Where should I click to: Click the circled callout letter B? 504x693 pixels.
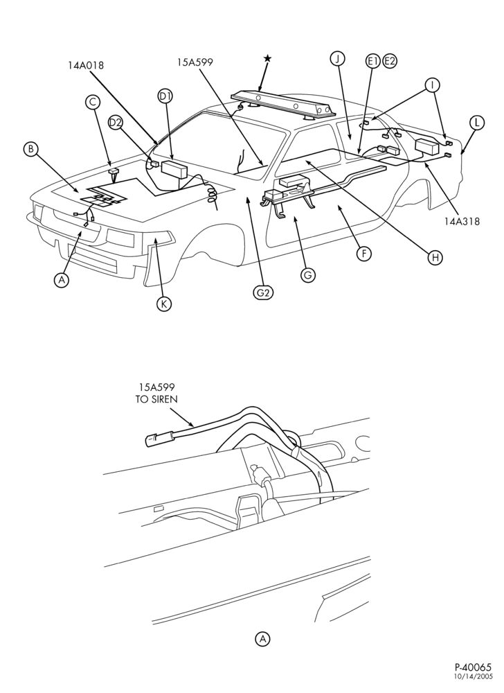(x=30, y=149)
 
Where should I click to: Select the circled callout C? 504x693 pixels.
(x=93, y=102)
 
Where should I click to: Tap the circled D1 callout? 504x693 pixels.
(x=165, y=96)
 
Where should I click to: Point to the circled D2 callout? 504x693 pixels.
(x=116, y=123)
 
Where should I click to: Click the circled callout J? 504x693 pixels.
(x=338, y=58)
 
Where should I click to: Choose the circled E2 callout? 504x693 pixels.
(x=390, y=60)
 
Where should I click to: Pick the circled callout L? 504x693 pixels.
(x=477, y=123)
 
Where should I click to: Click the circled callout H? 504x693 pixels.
(x=435, y=257)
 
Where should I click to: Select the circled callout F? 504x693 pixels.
(x=364, y=253)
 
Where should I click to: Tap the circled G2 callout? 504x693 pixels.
(x=263, y=292)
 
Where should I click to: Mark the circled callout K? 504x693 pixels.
(x=164, y=304)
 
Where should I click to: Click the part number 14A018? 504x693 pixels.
(x=86, y=65)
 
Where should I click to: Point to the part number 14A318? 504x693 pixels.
(x=462, y=222)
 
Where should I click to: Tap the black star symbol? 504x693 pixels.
(x=267, y=58)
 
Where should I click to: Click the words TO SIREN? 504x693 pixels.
(x=156, y=399)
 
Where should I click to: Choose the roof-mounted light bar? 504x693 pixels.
(x=280, y=105)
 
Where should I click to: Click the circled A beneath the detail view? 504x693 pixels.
(x=262, y=639)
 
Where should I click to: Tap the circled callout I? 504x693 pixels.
(x=432, y=85)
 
